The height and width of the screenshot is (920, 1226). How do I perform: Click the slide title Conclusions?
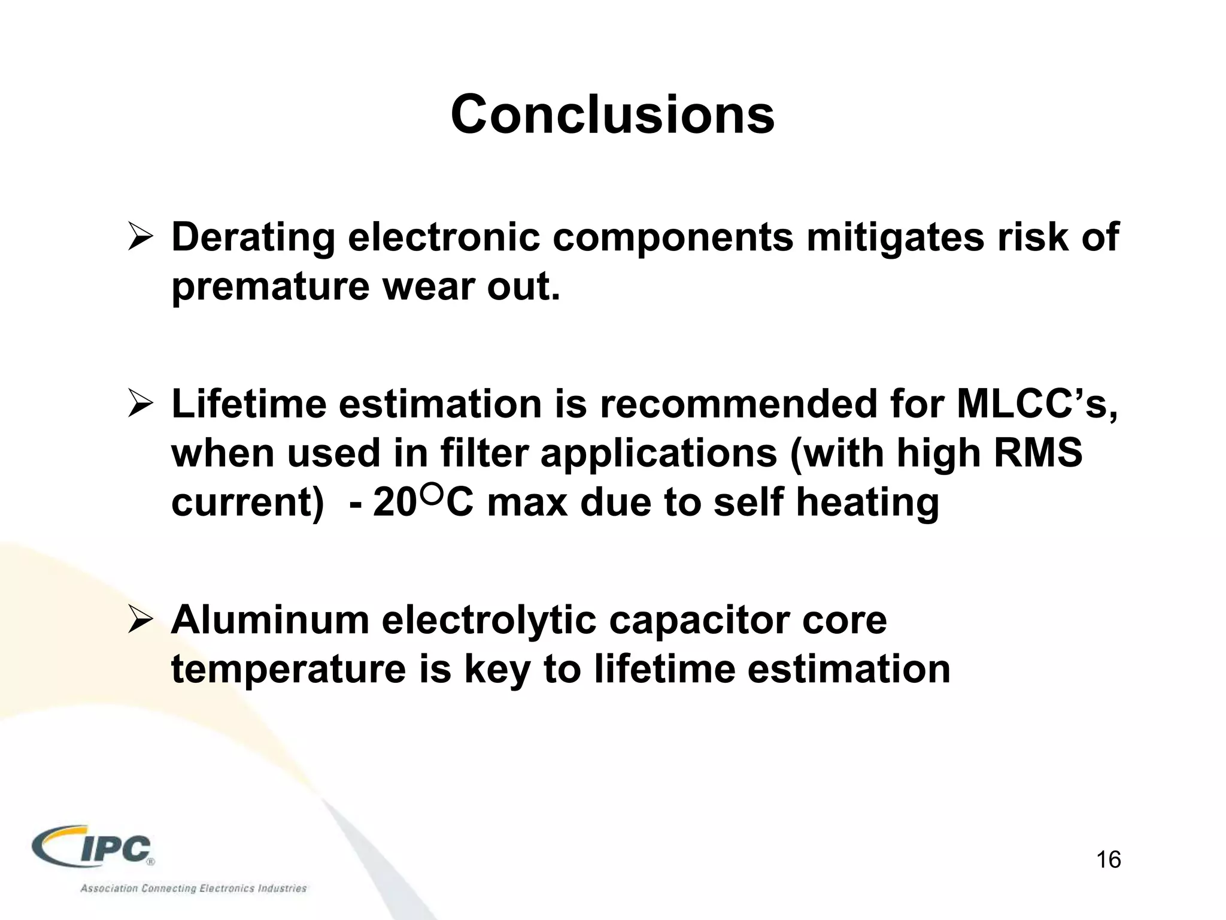point(612,114)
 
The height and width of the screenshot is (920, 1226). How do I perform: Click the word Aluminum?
point(270,620)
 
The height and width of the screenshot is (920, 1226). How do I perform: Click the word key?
point(497,670)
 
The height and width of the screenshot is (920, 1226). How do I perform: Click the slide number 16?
point(1108,860)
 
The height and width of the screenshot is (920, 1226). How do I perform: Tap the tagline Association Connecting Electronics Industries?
point(193,888)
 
